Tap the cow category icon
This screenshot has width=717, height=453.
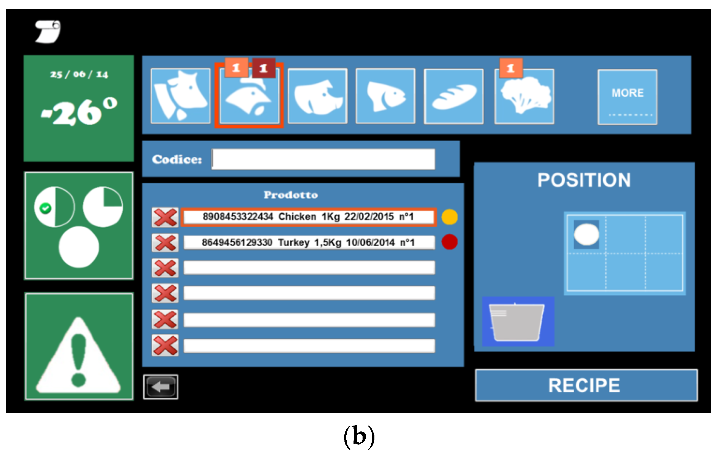coord(181,96)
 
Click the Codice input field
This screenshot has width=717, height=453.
coord(324,159)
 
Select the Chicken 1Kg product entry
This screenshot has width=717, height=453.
coord(308,217)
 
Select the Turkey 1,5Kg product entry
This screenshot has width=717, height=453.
coord(309,242)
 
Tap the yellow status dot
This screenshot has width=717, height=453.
coord(449,217)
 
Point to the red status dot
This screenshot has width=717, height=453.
coord(449,242)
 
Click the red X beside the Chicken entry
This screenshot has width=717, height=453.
coord(165,217)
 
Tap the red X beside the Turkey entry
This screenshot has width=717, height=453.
coord(165,243)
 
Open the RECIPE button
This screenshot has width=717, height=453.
coord(586,385)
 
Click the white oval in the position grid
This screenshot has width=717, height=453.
coord(587,234)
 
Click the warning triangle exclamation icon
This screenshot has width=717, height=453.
coord(79,357)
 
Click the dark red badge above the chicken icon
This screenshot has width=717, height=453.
coord(264,68)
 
